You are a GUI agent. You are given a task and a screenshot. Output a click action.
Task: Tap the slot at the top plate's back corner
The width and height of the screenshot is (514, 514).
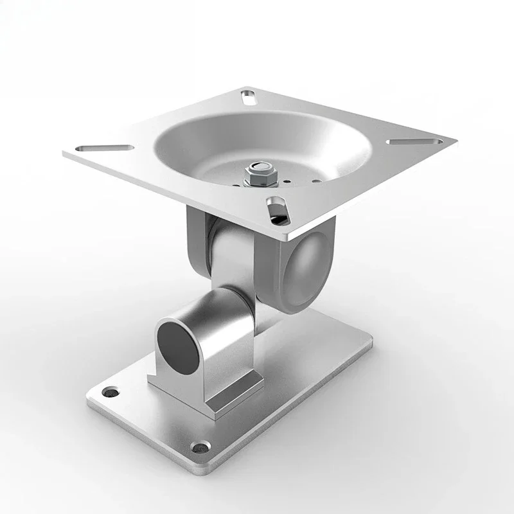(x=247, y=98)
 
